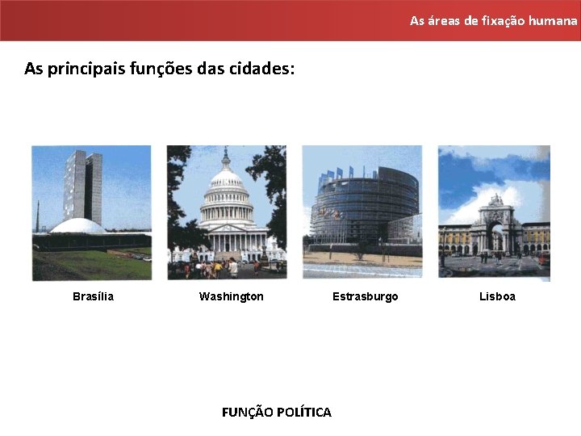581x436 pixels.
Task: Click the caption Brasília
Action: pyautogui.click(x=93, y=296)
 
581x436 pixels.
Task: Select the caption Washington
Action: pyautogui.click(x=231, y=296)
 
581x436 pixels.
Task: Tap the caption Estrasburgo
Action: pyautogui.click(x=365, y=296)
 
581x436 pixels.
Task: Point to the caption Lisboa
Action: pyautogui.click(x=497, y=296)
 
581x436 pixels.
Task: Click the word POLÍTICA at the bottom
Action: pyautogui.click(x=303, y=413)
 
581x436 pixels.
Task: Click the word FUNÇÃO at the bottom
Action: pyautogui.click(x=247, y=413)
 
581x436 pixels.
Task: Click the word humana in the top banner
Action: pyautogui.click(x=553, y=20)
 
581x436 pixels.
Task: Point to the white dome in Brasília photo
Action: pyautogui.click(x=78, y=227)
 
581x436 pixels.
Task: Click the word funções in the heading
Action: pyautogui.click(x=161, y=69)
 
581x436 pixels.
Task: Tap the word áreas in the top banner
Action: pyautogui.click(x=443, y=20)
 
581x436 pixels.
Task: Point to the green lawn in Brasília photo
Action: pyautogui.click(x=89, y=264)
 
